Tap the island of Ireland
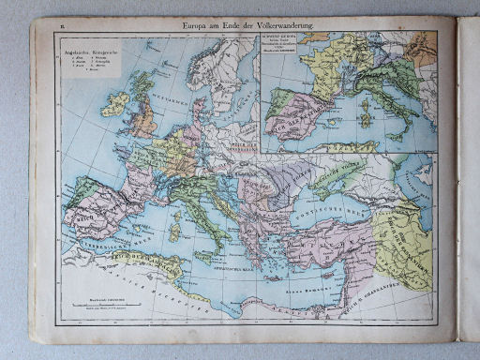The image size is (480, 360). pos(115,104)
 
